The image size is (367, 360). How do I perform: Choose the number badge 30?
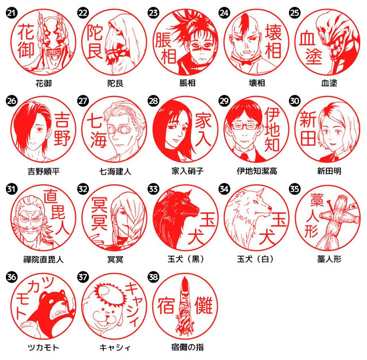click(295, 100)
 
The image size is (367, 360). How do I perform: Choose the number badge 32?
click(82, 188)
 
